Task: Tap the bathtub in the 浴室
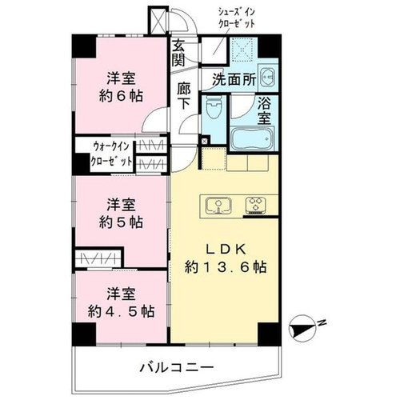click(252, 138)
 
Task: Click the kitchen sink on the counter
click(219, 206)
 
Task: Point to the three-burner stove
click(256, 206)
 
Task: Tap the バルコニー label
click(177, 368)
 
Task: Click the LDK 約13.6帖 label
click(226, 258)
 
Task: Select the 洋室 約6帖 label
click(121, 86)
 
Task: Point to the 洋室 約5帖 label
click(121, 213)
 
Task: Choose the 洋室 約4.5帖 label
click(121, 302)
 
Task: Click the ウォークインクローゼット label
click(111, 154)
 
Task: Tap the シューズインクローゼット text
click(237, 18)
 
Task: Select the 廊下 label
click(184, 96)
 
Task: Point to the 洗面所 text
click(234, 79)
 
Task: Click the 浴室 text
click(264, 111)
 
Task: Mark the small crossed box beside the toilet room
click(205, 141)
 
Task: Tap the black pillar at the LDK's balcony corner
click(269, 334)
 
